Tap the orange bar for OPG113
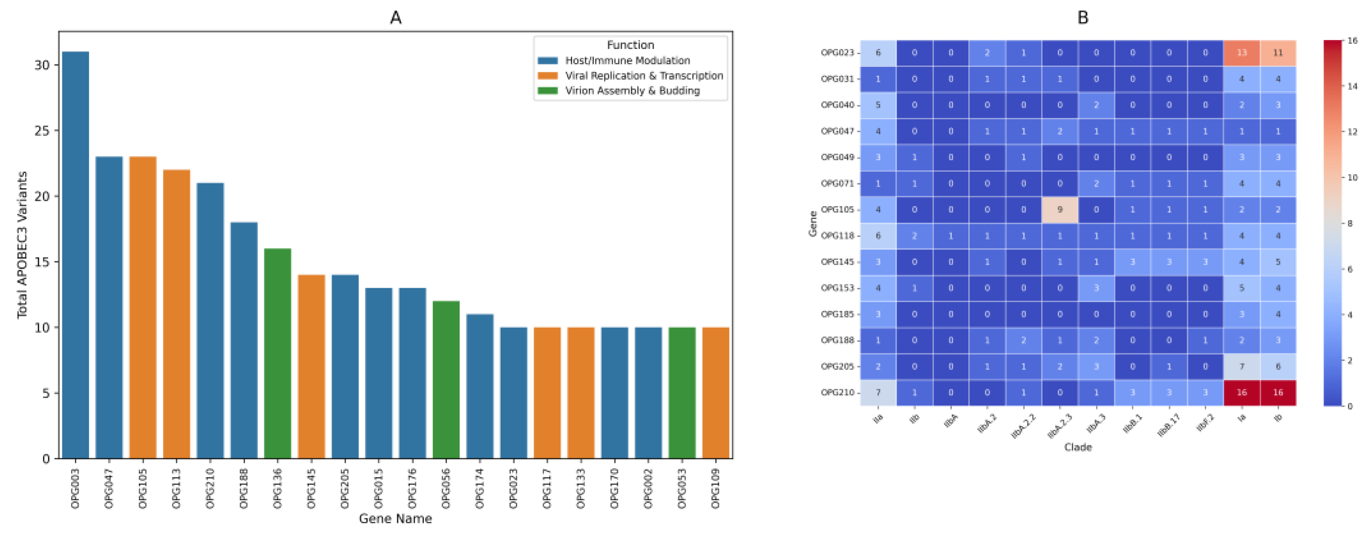coord(176,314)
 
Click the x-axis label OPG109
coord(716,489)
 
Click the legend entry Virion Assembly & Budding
coord(632,91)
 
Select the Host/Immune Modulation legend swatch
coord(548,61)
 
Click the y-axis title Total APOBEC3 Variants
coord(22,245)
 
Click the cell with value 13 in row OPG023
coord(1241,53)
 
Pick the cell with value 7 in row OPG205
coord(1241,366)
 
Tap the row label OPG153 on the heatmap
coord(837,288)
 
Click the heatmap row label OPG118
coord(837,236)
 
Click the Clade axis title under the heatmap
coord(1078,447)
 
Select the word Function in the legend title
coord(630,45)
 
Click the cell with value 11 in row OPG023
coord(1278,53)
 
